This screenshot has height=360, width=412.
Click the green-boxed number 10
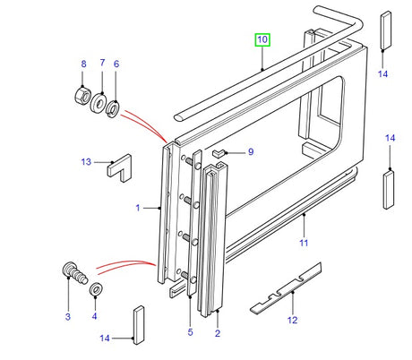click(262, 40)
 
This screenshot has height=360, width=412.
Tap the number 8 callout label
click(83, 64)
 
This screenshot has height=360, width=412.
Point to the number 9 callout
click(251, 151)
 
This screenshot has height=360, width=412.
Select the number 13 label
click(86, 162)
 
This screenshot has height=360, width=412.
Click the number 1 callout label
click(137, 208)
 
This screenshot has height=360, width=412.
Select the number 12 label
click(292, 320)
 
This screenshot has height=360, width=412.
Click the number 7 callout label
click(101, 64)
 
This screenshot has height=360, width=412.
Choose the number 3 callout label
click(66, 316)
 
